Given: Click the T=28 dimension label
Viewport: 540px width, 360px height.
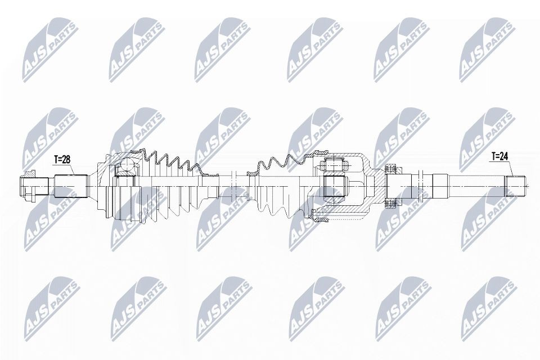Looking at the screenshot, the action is tap(62, 160).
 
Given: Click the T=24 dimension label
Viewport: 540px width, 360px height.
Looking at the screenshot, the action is tap(499, 157).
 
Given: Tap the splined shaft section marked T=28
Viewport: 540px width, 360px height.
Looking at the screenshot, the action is tap(71, 186).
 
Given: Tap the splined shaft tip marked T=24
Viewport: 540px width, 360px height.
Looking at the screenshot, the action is tap(515, 186).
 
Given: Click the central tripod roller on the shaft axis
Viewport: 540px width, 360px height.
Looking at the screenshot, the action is tap(334, 186).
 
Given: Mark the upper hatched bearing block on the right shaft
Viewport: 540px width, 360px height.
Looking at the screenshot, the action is tap(390, 169).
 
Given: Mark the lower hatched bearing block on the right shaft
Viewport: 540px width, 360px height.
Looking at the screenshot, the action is tap(390, 204).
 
